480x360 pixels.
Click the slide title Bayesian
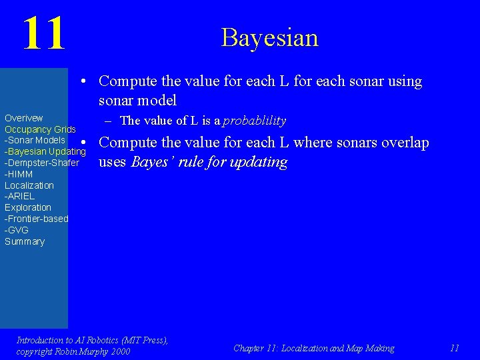pyautogui.click(x=269, y=37)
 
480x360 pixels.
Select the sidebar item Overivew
pyautogui.click(x=24, y=118)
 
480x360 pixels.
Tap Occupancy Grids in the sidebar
pyautogui.click(x=40, y=129)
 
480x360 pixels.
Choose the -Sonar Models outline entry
pyautogui.click(x=35, y=140)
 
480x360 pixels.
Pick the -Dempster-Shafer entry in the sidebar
pyautogui.click(x=42, y=163)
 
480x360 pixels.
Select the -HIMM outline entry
pyautogui.click(x=19, y=174)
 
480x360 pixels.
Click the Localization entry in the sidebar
pyautogui.click(x=29, y=185)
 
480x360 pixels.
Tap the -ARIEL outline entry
pyautogui.click(x=19, y=197)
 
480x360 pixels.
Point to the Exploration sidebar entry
pyautogui.click(x=27, y=207)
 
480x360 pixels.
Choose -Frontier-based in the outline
pyautogui.click(x=36, y=219)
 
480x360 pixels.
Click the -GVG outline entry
pyautogui.click(x=17, y=230)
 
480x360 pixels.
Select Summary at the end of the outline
pyautogui.click(x=25, y=241)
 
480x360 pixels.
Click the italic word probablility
pyautogui.click(x=254, y=121)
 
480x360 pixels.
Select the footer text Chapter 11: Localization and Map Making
pyautogui.click(x=313, y=348)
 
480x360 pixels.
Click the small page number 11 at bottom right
pyautogui.click(x=455, y=348)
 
